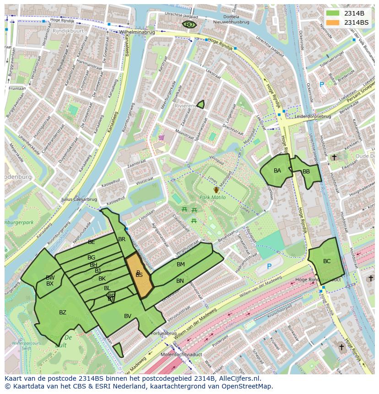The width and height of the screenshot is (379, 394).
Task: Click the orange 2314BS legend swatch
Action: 333,22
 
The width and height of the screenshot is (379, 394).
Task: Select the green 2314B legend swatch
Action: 333,13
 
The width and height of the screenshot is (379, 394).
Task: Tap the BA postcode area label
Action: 277,171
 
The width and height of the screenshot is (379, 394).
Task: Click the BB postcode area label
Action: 306,172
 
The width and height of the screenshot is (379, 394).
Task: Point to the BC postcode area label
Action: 327,261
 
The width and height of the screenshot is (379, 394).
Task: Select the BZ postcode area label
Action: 63,313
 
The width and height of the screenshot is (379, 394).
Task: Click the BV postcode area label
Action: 128,316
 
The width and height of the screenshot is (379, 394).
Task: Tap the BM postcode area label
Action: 181,264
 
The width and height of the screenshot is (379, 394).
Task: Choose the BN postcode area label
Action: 180,281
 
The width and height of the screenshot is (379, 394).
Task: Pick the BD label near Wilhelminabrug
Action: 189,25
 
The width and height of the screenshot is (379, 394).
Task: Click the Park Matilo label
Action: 212,198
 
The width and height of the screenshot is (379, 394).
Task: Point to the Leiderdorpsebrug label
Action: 313,116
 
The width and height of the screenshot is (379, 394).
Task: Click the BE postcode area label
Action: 92,242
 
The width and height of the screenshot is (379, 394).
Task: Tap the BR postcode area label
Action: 122,239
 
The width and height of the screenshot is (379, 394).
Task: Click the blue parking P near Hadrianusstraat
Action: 269,266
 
